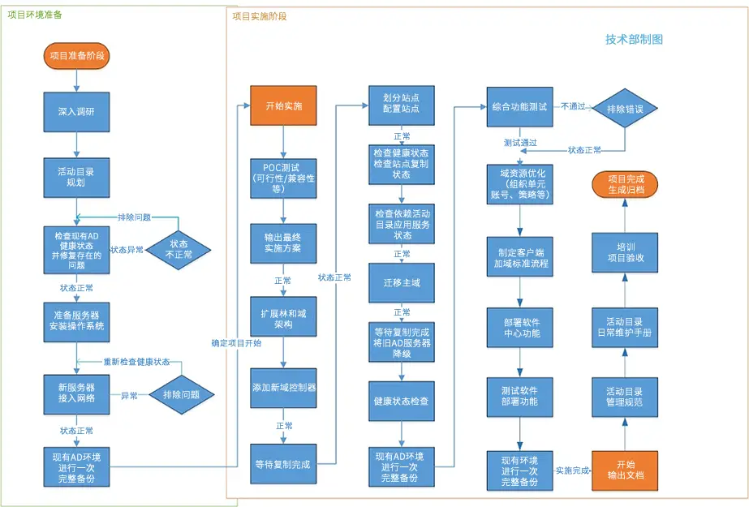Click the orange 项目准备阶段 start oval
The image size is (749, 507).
[76, 56]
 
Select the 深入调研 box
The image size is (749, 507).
[76, 112]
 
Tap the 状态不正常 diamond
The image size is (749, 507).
[179, 250]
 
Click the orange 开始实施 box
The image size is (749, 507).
[283, 105]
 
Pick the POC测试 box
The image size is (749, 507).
[283, 178]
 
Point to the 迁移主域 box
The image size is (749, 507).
[401, 282]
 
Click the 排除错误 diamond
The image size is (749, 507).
[625, 109]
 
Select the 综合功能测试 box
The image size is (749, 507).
[519, 107]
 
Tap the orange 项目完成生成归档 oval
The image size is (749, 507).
[625, 185]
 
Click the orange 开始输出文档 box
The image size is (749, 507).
[625, 470]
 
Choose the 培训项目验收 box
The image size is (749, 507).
[625, 252]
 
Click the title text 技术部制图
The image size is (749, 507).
[634, 40]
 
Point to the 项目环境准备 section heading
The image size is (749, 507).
[35, 15]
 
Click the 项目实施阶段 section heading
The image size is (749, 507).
[260, 17]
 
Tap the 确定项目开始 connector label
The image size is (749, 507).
[236, 343]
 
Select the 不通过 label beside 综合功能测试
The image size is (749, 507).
[573, 106]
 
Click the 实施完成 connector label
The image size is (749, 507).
[572, 470]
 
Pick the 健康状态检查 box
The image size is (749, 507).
[401, 401]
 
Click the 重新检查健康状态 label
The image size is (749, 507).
[136, 362]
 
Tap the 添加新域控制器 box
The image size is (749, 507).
[283, 388]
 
